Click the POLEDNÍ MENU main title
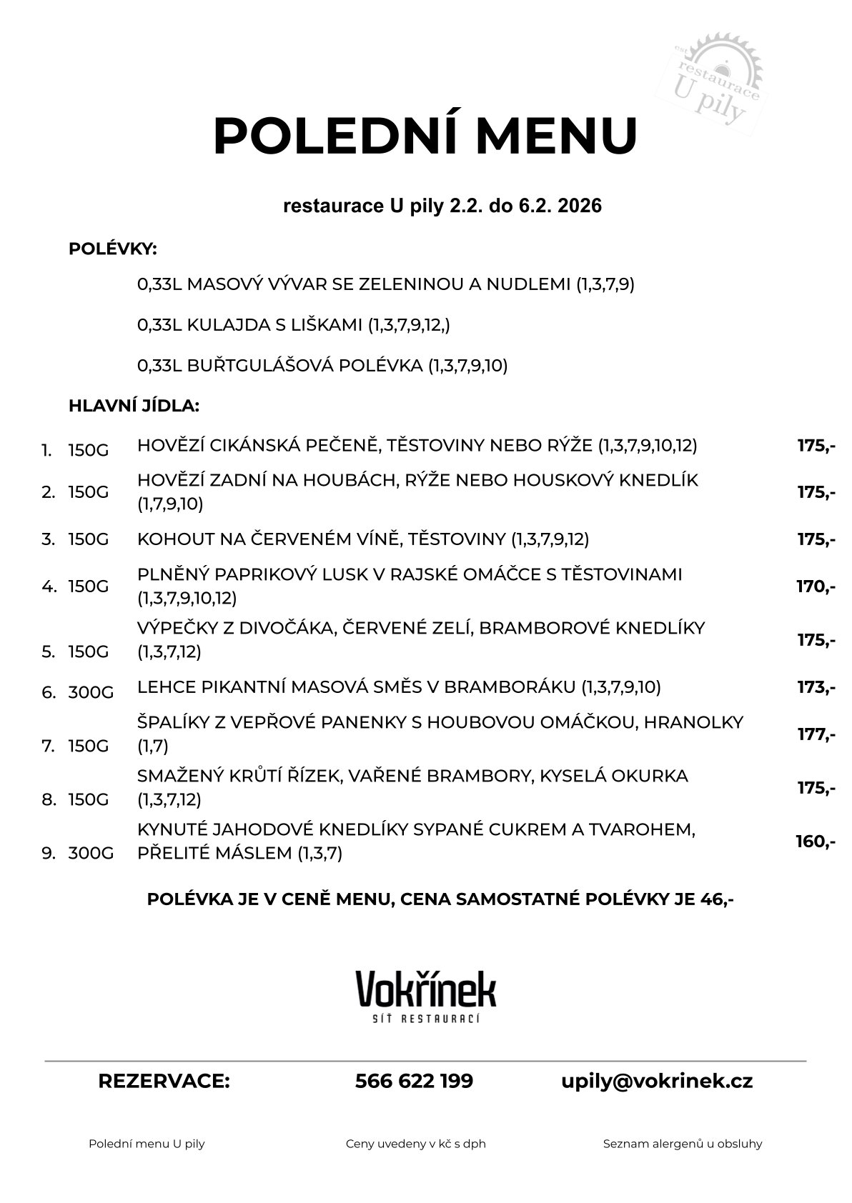(x=425, y=135)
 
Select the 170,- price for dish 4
(x=816, y=586)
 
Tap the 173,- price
(x=816, y=687)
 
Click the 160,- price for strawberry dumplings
(x=815, y=842)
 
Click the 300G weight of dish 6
(x=91, y=692)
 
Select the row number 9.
(x=49, y=853)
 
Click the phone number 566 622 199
(x=414, y=1081)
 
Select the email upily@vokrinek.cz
(x=657, y=1081)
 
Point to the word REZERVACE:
(x=164, y=1081)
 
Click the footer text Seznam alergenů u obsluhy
(x=682, y=1144)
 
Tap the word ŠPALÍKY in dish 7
(x=174, y=722)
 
